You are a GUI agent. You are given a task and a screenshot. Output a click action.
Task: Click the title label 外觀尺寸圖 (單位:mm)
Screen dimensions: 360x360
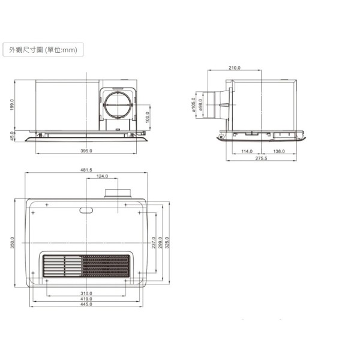tap(42, 50)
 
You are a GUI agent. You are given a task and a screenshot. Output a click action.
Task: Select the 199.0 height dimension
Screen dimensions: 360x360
tap(12, 105)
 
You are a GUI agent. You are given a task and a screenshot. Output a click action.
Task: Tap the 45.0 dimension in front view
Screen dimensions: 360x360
tap(12, 136)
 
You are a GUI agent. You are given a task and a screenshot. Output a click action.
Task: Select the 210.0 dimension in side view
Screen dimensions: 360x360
tap(235, 68)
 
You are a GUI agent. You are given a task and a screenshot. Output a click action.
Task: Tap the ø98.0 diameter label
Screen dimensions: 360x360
tap(200, 104)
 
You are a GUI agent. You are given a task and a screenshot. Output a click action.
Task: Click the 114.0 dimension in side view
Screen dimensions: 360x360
tap(247, 151)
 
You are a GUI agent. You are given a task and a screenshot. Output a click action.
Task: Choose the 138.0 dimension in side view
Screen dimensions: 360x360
tap(279, 151)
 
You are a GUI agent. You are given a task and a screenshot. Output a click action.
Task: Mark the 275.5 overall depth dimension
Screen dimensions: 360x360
tap(262, 158)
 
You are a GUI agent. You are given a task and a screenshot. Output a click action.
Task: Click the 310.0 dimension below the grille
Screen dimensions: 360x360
tap(86, 293)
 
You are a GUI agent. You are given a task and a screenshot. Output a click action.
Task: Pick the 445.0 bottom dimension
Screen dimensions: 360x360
tap(86, 305)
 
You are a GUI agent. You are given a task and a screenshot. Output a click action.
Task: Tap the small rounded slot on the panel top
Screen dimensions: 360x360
tap(86, 210)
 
